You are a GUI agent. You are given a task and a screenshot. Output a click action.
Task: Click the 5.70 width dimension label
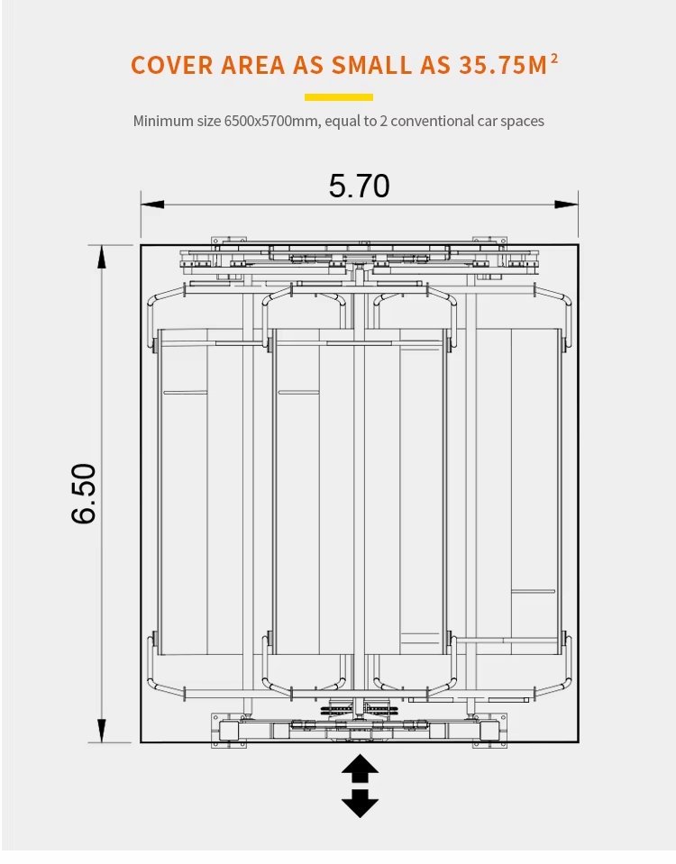pyautogui.click(x=359, y=186)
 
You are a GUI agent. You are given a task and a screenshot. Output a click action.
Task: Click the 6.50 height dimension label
pyautogui.click(x=84, y=493)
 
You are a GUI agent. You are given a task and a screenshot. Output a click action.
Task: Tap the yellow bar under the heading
pyautogui.click(x=339, y=97)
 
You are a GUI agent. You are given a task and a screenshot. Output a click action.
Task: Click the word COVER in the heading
pyautogui.click(x=172, y=65)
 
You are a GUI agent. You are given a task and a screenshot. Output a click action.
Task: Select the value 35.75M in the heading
pyautogui.click(x=503, y=65)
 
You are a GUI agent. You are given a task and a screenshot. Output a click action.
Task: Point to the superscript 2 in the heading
pyautogui.click(x=554, y=58)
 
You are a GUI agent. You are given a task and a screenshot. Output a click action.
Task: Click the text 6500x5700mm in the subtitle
pyautogui.click(x=271, y=121)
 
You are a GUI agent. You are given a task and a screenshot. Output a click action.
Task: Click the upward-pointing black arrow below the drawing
pyautogui.click(x=360, y=767)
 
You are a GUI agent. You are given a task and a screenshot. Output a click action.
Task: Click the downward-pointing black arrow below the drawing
pyautogui.click(x=360, y=804)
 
